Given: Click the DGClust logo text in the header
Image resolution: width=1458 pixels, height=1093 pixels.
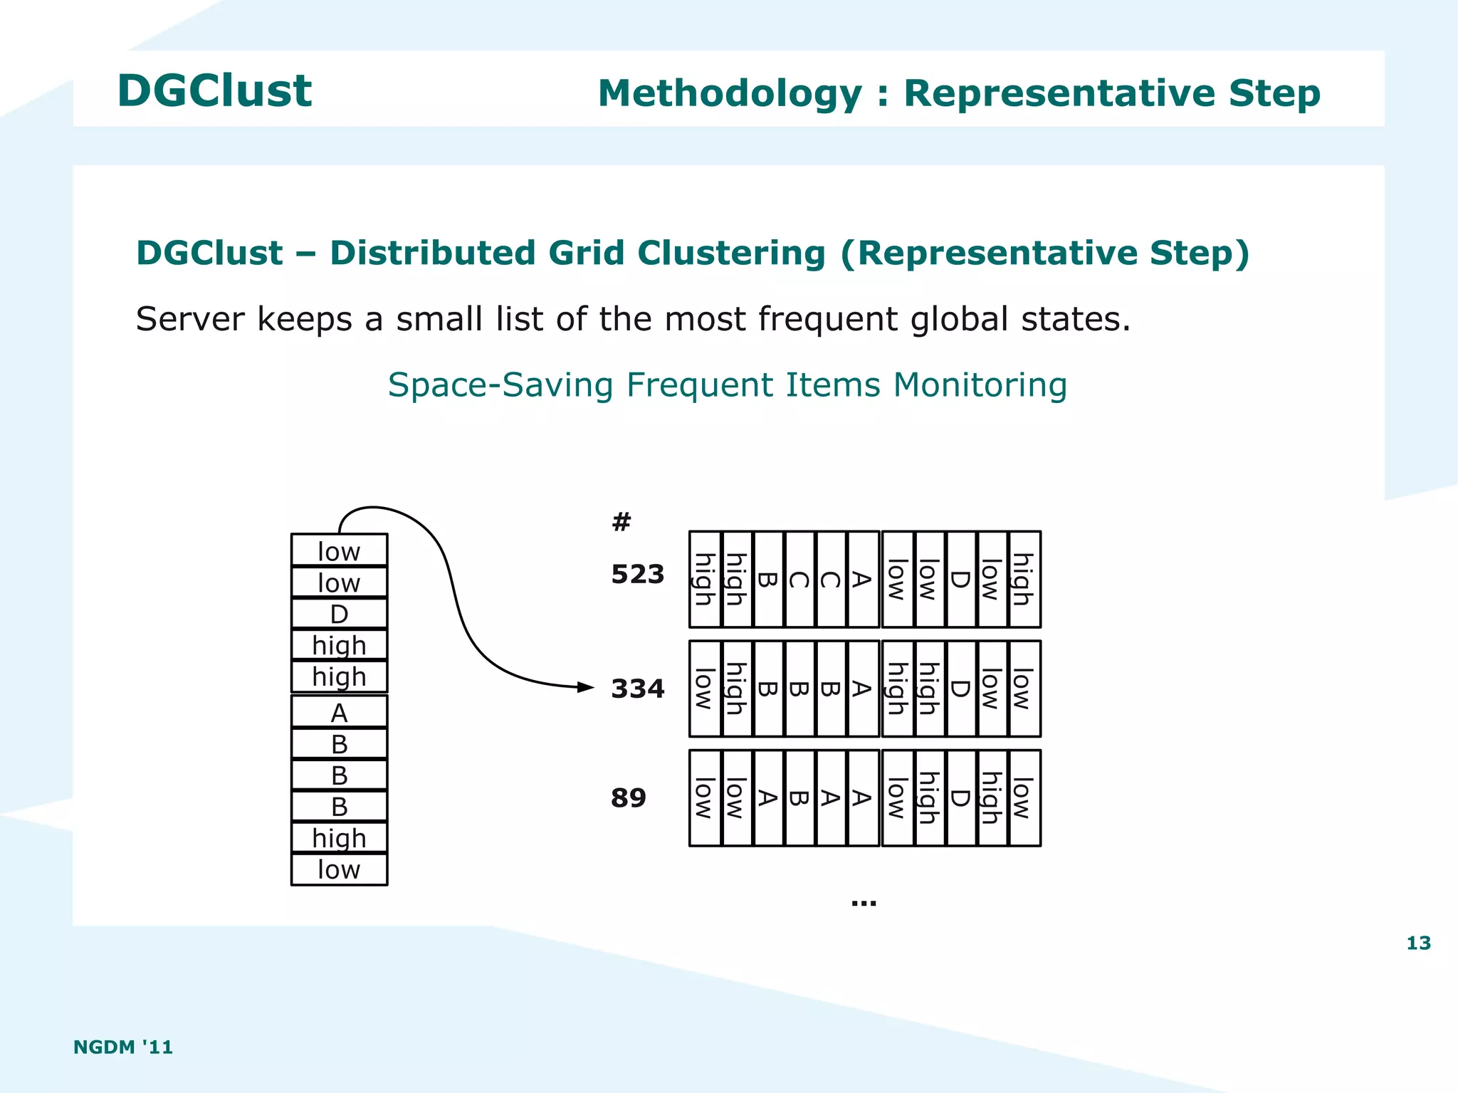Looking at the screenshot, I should (214, 91).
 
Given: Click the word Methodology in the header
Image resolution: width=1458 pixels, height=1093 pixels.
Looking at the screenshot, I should (730, 94).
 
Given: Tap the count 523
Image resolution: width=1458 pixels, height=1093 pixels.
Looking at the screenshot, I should (637, 574).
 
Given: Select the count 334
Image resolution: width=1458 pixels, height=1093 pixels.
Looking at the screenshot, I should (637, 689).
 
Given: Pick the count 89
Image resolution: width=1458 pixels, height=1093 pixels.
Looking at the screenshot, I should (628, 797).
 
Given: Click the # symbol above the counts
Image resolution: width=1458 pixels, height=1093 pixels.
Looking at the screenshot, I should (621, 522).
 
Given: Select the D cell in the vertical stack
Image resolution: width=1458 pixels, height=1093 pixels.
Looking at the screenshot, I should (339, 614).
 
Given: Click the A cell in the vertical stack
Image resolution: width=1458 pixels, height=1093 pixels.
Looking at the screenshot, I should (339, 712).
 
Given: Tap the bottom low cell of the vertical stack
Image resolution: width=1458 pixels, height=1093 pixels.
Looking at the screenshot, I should (339, 869).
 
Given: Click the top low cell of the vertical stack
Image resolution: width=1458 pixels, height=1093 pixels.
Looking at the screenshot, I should (339, 551).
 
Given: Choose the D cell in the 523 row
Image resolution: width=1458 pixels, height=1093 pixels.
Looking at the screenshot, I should (960, 580).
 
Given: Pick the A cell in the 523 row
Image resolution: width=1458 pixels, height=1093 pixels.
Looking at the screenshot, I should (862, 580).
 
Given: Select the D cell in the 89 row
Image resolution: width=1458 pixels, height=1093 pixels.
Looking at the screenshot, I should (960, 798).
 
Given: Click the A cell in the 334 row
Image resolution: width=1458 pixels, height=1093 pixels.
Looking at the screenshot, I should (862, 689).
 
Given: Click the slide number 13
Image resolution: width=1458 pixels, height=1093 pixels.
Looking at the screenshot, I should (1418, 943).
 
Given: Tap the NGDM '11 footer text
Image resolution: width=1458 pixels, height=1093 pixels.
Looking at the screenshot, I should (123, 1047).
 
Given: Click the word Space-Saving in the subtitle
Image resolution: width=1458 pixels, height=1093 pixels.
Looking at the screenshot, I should (500, 385).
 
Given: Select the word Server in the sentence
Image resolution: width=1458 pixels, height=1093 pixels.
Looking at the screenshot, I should (190, 319).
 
